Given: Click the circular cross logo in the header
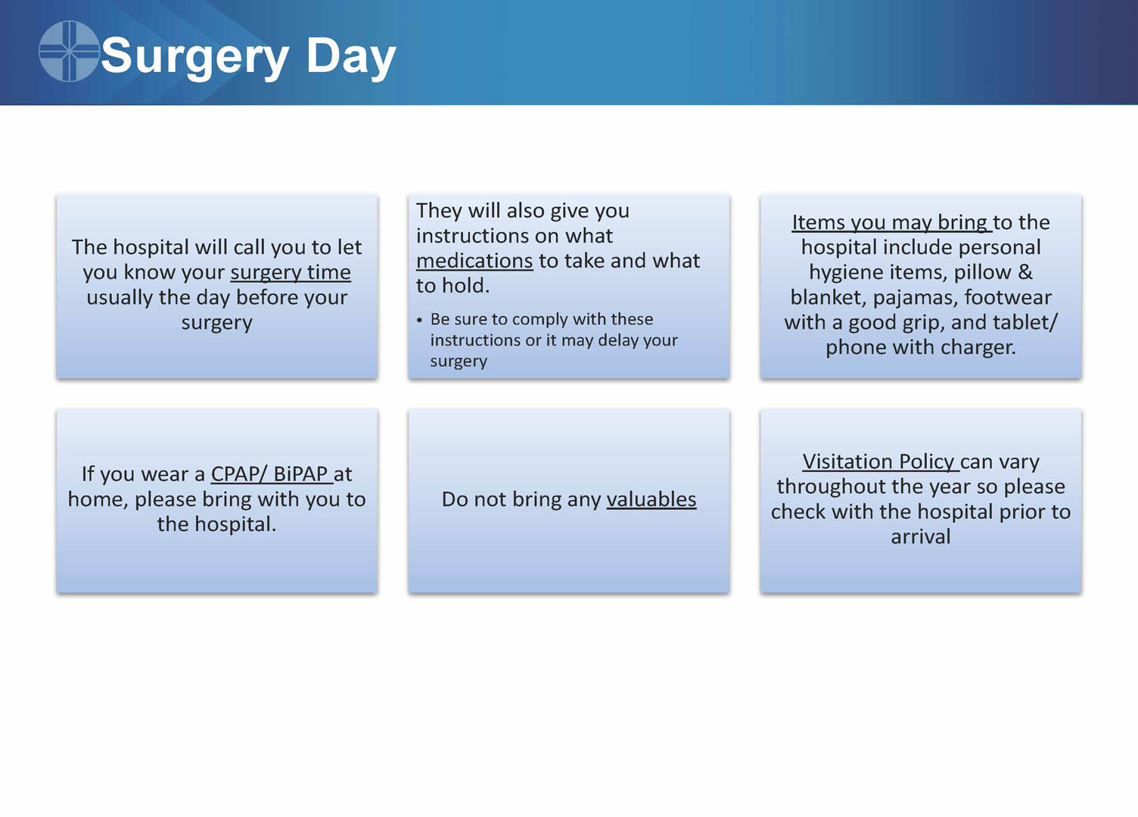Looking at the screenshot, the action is (x=69, y=51).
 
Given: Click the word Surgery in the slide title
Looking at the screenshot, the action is (x=195, y=57).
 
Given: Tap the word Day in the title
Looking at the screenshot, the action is (x=351, y=57).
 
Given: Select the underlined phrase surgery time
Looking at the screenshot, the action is (x=291, y=273).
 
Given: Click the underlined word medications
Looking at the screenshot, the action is (x=474, y=261).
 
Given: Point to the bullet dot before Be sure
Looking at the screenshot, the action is (x=419, y=321).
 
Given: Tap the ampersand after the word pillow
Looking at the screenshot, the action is (x=1025, y=272).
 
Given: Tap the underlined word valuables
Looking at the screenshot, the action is (x=651, y=499).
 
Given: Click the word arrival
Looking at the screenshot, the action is (x=921, y=536).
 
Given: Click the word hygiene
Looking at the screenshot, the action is (x=842, y=273).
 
